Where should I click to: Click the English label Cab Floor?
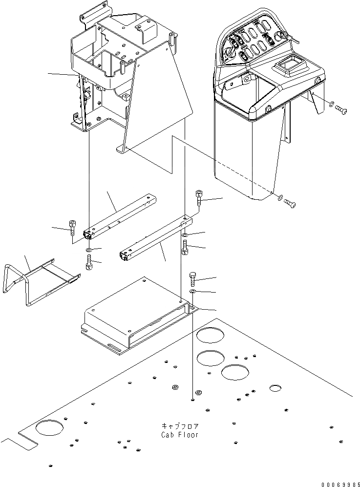179,435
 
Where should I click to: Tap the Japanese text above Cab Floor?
179,426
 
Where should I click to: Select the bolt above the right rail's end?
200,197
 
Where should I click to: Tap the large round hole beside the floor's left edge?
49,428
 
